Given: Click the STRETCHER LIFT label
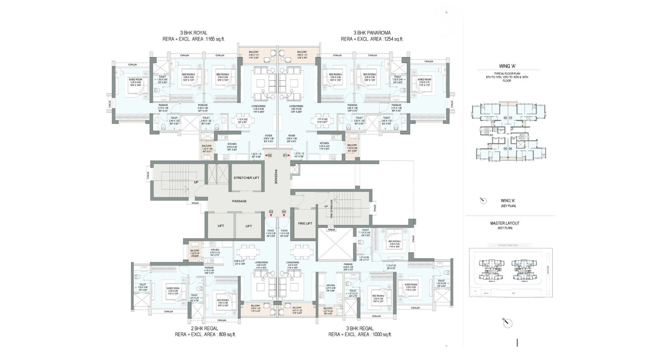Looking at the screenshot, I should [246, 178].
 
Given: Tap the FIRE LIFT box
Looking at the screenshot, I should [305, 223].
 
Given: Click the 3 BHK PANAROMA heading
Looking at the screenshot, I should [372, 33].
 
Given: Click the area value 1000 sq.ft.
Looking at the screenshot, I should [381, 334].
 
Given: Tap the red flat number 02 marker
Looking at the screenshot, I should [270, 155].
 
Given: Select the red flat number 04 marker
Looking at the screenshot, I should [284, 211].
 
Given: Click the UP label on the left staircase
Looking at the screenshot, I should [196, 182].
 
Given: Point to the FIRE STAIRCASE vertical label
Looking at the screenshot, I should [332, 211].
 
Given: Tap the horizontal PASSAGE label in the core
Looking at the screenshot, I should [239, 201].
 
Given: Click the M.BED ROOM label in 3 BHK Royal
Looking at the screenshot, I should [135, 79].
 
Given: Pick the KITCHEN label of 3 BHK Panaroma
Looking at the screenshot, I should [324, 143].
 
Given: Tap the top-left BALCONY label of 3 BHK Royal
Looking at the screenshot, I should [254, 52].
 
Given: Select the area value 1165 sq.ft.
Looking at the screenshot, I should [215, 39].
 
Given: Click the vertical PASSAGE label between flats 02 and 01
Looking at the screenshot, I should [276, 177].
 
